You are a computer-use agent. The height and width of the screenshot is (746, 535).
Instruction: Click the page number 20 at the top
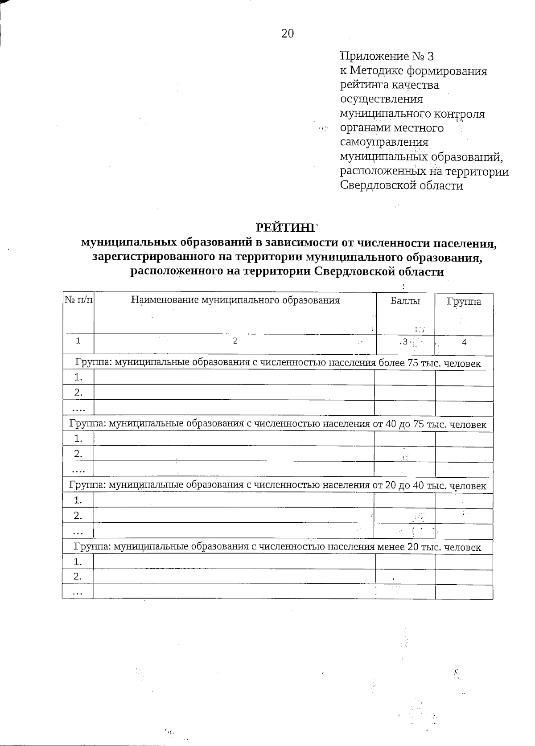coord(288,33)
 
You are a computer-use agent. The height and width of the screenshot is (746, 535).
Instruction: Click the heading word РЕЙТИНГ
coord(288,227)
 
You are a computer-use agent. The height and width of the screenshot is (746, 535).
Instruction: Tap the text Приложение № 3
coord(387,57)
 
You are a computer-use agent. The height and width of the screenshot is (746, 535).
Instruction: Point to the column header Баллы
coord(405,301)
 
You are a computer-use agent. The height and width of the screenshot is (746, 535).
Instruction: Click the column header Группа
coord(464,302)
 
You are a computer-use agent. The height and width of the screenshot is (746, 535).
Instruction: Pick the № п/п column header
coord(78,301)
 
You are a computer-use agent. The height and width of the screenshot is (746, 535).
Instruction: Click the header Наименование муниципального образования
coord(235,300)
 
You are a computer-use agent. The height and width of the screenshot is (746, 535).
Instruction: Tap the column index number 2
coord(235,341)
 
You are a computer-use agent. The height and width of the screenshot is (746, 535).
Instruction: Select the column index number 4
coord(464,342)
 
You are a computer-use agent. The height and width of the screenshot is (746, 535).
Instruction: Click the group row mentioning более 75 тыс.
coord(277,363)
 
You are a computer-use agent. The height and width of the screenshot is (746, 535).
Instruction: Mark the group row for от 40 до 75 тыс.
coord(277,424)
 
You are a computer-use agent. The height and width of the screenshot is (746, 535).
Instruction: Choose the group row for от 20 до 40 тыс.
coord(277,485)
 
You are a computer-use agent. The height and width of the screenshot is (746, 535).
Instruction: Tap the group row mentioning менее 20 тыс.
coord(277,547)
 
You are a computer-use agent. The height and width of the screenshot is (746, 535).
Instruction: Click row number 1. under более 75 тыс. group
coord(78,378)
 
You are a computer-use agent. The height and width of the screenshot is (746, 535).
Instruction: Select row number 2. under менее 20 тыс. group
coord(78,577)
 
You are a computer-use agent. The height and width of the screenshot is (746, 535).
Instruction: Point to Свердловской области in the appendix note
coord(401,185)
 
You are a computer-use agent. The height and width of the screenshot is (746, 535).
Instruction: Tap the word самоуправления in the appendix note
coord(384,143)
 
